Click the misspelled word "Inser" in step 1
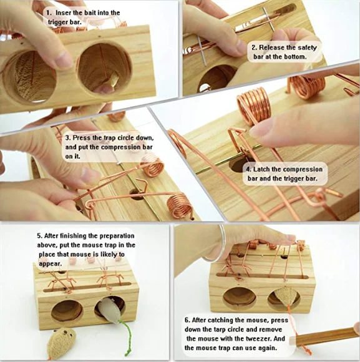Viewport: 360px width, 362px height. tap(64, 12)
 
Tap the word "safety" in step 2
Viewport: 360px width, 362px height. tap(307, 47)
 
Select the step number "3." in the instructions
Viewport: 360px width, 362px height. tap(68, 138)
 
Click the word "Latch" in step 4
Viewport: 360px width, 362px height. tap(261, 169)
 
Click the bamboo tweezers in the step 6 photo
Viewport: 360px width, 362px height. tap(323, 338)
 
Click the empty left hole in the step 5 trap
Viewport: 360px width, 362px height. tap(67, 311)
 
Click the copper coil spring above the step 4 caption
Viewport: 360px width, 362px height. tap(254, 105)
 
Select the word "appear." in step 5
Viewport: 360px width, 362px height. tap(50, 263)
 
